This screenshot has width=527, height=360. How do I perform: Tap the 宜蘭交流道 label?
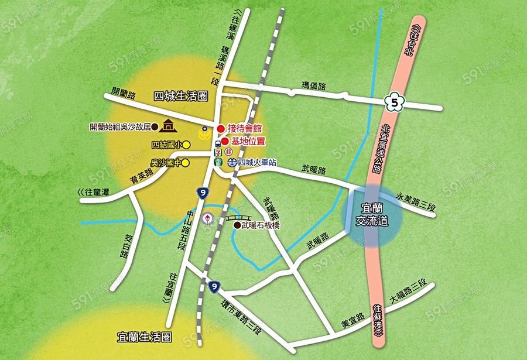tap(372, 215)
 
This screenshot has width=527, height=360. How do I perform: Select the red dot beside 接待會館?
tap(220, 129)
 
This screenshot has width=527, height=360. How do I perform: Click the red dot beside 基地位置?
tap(225, 141)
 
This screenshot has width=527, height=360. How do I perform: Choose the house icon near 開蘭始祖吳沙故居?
tap(169, 125)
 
